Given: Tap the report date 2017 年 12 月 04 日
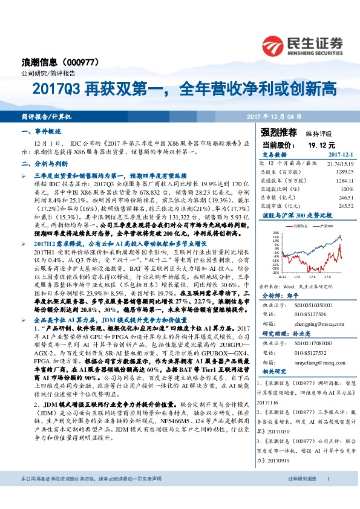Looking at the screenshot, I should (273, 115).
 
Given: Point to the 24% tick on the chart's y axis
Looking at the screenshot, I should (276, 232).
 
